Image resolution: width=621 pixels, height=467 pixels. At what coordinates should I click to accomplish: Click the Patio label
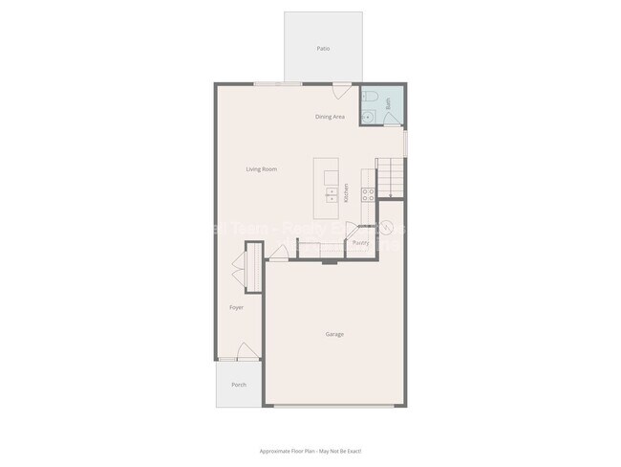tap(323, 48)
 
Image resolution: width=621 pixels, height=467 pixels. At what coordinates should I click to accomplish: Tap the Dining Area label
tap(331, 117)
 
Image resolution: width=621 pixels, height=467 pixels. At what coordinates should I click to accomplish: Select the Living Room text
tap(261, 169)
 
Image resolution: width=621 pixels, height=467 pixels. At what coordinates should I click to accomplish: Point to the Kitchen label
tap(346, 191)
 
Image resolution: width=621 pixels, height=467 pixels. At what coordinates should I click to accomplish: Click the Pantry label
tap(360, 243)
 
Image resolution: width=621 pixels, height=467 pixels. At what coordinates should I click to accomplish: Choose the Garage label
tap(334, 334)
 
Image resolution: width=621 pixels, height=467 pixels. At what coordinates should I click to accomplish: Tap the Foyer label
tap(236, 308)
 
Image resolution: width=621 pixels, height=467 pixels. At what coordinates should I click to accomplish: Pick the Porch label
tap(238, 385)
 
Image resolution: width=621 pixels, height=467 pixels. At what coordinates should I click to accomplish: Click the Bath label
tap(389, 100)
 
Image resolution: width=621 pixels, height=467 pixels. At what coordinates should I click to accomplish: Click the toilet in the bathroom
tap(374, 99)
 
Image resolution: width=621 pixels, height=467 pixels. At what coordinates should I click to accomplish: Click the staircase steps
tap(391, 177)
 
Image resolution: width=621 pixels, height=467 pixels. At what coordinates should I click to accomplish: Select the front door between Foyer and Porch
tap(246, 352)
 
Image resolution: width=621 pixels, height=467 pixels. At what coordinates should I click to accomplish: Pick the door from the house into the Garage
tap(277, 254)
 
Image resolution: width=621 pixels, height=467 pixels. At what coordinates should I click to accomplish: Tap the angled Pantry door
tap(352, 230)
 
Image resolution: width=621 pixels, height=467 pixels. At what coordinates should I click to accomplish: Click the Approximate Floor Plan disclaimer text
tap(310, 451)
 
